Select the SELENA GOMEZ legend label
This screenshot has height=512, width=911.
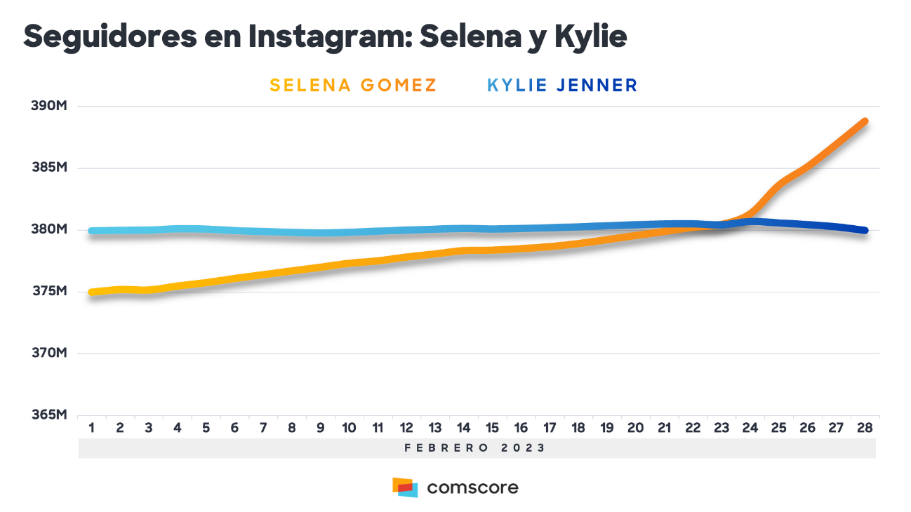click(353, 86)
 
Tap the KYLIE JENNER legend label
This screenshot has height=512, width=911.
click(562, 86)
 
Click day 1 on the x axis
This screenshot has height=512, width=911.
click(91, 427)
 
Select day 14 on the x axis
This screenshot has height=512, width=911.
click(463, 427)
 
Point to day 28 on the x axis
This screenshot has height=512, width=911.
click(865, 427)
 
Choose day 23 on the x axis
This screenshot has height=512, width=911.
click(722, 427)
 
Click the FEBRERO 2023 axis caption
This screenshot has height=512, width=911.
click(475, 447)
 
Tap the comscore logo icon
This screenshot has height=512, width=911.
click(405, 487)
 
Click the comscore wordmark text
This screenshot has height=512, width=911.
click(472, 487)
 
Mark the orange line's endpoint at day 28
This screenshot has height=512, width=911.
click(865, 121)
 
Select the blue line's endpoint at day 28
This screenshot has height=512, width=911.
click(865, 230)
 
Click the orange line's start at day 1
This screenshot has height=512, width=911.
click(92, 292)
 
